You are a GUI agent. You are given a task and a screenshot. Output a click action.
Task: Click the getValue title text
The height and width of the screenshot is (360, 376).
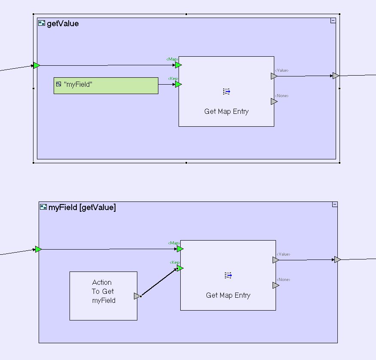63,24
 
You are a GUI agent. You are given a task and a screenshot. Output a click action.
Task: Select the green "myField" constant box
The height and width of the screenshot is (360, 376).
106,85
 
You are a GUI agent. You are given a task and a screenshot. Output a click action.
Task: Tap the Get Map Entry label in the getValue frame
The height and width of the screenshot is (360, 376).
226,112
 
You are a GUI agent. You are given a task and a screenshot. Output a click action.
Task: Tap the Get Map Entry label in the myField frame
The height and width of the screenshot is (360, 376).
228,296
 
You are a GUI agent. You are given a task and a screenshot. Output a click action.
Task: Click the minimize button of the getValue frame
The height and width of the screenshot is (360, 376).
333,21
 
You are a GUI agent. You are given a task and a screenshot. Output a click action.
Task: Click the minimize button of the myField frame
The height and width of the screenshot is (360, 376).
334,205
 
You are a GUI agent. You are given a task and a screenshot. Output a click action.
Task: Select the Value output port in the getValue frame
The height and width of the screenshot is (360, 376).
274,76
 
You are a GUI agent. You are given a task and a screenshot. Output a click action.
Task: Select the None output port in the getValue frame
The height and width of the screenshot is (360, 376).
274,101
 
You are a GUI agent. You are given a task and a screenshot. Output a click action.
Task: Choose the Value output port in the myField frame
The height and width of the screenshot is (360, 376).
276,260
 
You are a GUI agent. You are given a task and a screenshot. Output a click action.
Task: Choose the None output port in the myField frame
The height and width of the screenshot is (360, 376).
276,285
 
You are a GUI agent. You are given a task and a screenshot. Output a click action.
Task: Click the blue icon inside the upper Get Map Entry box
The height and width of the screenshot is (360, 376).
227,92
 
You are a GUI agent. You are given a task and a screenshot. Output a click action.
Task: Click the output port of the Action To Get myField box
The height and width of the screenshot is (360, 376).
136,296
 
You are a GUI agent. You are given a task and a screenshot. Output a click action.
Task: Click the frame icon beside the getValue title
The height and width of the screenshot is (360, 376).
42,24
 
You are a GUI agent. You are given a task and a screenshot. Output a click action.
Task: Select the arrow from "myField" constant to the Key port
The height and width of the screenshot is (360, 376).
167,85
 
